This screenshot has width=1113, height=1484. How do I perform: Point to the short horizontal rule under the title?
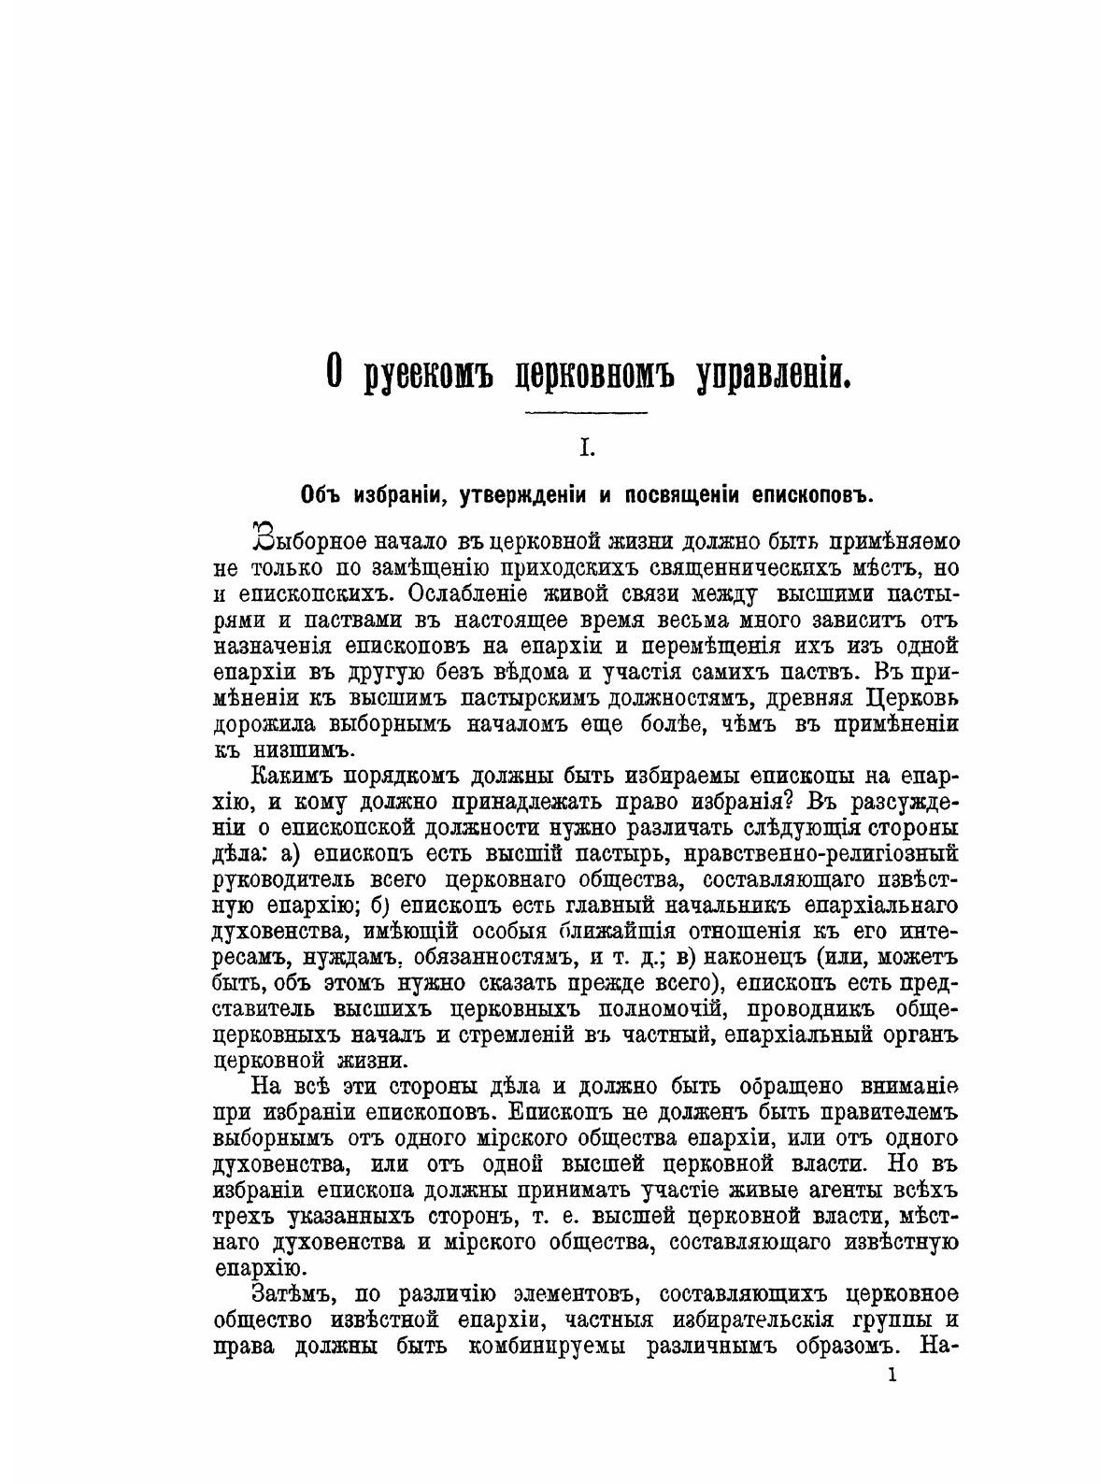click(x=587, y=413)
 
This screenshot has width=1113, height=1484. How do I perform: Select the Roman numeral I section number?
click(x=587, y=449)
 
